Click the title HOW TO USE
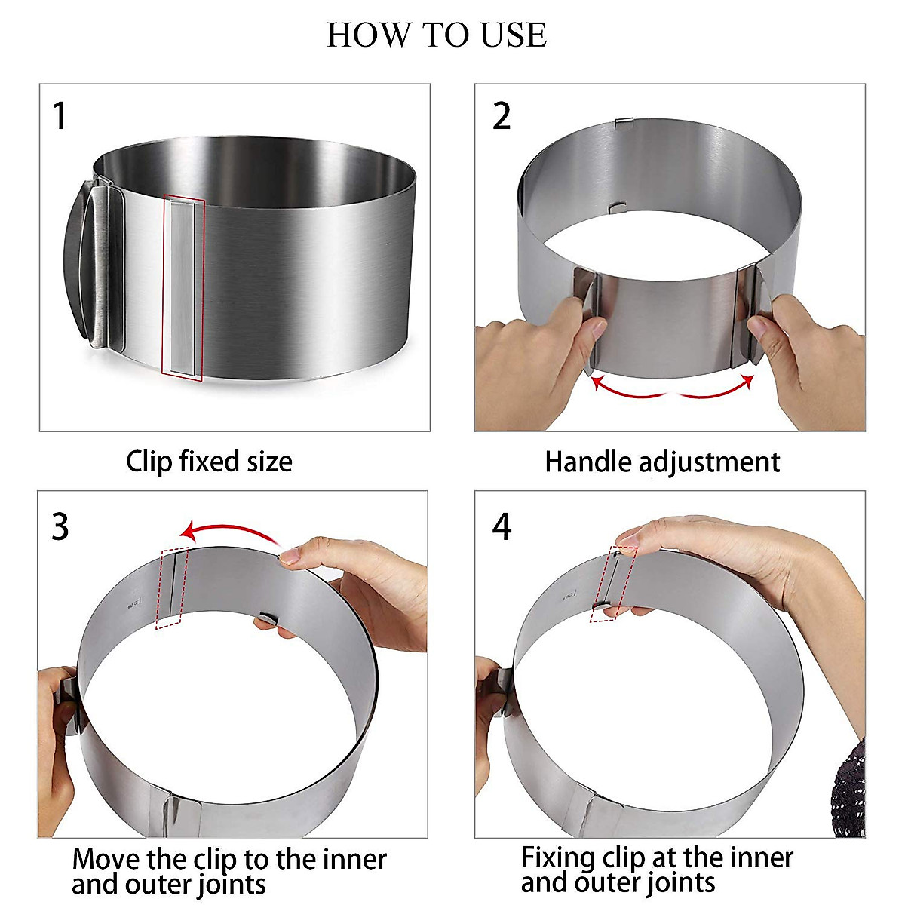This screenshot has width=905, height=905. pyautogui.click(x=437, y=35)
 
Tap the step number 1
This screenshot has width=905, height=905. pyautogui.click(x=60, y=117)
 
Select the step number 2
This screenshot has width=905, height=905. pyautogui.click(x=502, y=117)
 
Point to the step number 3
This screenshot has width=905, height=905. pyautogui.click(x=60, y=526)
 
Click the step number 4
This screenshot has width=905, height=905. pyautogui.click(x=502, y=526)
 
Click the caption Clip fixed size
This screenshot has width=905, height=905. pyautogui.click(x=209, y=462)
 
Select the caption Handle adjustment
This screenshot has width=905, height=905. pyautogui.click(x=662, y=462)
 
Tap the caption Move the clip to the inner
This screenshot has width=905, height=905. pyautogui.click(x=229, y=859)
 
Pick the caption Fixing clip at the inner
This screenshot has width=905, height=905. pyautogui.click(x=657, y=857)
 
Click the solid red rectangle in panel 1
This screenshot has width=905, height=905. pyautogui.click(x=183, y=287)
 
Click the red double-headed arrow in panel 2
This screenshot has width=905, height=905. pyautogui.click(x=672, y=388)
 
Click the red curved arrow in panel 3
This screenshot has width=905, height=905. pyautogui.click(x=230, y=532)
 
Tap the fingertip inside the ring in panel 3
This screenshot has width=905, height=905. pyautogui.click(x=265, y=623)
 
